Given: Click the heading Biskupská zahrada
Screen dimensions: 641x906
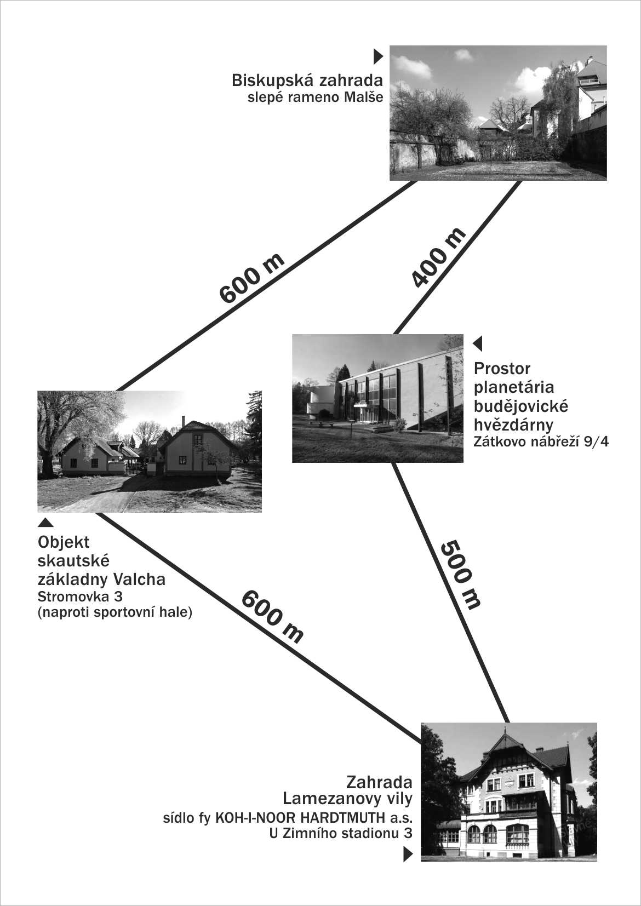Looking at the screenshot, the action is (307, 81).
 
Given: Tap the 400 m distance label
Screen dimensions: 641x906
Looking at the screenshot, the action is (439, 257).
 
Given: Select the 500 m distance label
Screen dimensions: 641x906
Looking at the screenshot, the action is (460, 575).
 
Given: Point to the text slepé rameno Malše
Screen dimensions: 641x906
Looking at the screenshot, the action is (315, 98).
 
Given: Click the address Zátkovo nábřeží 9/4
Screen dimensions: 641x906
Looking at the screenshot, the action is (541, 442).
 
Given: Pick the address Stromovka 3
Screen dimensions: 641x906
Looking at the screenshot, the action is (80, 597).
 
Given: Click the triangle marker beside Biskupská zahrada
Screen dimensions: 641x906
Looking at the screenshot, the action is (378, 56).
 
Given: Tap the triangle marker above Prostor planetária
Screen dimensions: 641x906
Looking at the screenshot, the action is (478, 344).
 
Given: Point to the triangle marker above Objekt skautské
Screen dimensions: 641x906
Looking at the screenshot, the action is (45, 523).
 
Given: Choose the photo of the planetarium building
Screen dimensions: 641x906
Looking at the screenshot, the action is (377, 398).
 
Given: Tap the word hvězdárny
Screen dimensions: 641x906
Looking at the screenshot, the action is (513, 425).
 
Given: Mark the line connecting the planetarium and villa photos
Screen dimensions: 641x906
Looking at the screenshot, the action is (450, 593).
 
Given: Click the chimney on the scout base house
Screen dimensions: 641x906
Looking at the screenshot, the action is (183, 421).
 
